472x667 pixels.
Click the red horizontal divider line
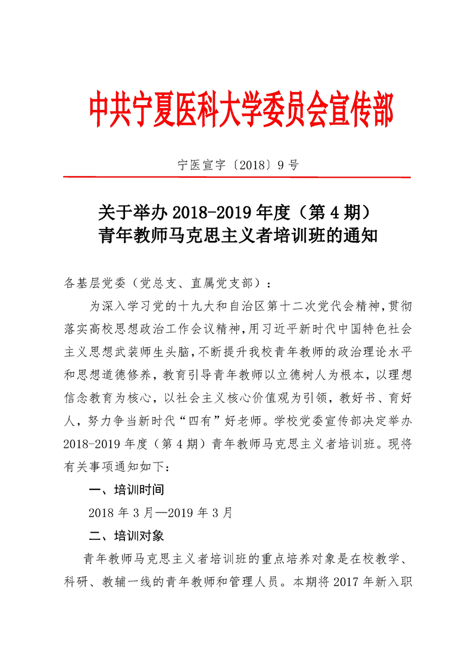(236, 177)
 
